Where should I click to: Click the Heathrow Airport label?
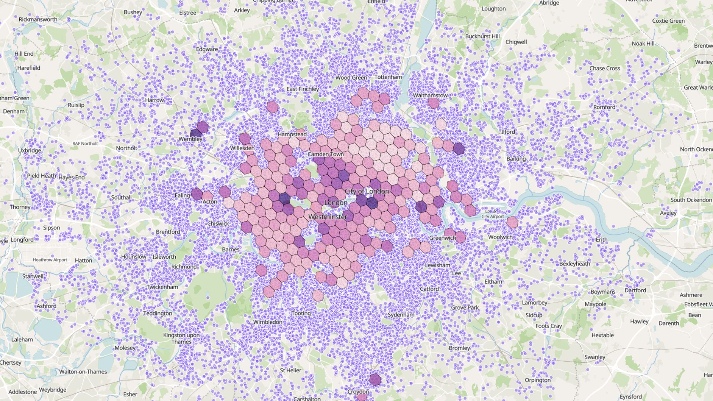pos(50,260)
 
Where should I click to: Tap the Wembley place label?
pos(191,139)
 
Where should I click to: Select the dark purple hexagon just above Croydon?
pos(375,379)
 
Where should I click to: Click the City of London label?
pos(367,191)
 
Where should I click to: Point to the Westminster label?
pos(328,216)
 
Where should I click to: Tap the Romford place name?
pos(604,107)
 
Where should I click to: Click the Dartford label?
pos(635,290)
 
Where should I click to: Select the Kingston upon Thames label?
pos(181,338)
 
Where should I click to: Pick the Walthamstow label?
pos(430,95)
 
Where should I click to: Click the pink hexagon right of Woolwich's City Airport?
pos(512,222)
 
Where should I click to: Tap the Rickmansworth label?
pos(38,19)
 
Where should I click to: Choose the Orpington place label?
pos(537,380)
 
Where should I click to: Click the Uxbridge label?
pos(30,150)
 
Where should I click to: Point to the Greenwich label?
pos(442,238)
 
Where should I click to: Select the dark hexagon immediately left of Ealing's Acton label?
pos(196,194)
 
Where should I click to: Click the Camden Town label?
pos(325,154)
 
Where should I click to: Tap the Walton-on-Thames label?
pos(83,372)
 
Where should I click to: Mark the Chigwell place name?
pos(516,42)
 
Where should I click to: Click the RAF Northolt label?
pos(85,144)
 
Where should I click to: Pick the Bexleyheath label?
pos(574,264)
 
